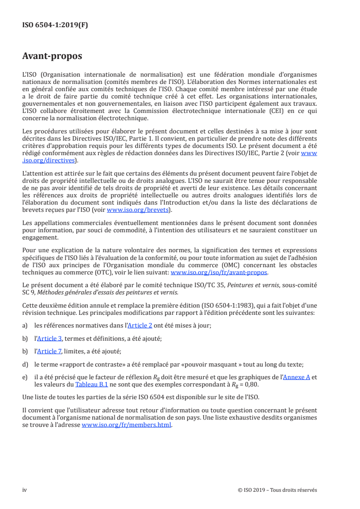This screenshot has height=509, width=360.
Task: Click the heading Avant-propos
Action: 52,56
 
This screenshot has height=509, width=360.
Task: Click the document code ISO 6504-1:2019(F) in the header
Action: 55,25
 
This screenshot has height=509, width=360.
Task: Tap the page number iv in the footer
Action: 25,490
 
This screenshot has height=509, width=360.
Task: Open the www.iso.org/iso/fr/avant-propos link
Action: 219,273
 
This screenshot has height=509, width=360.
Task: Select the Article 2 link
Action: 140,326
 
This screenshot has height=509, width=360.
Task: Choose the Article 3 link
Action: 50,338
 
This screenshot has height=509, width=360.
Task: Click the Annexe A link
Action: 296,377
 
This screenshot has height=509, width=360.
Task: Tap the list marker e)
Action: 25,377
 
